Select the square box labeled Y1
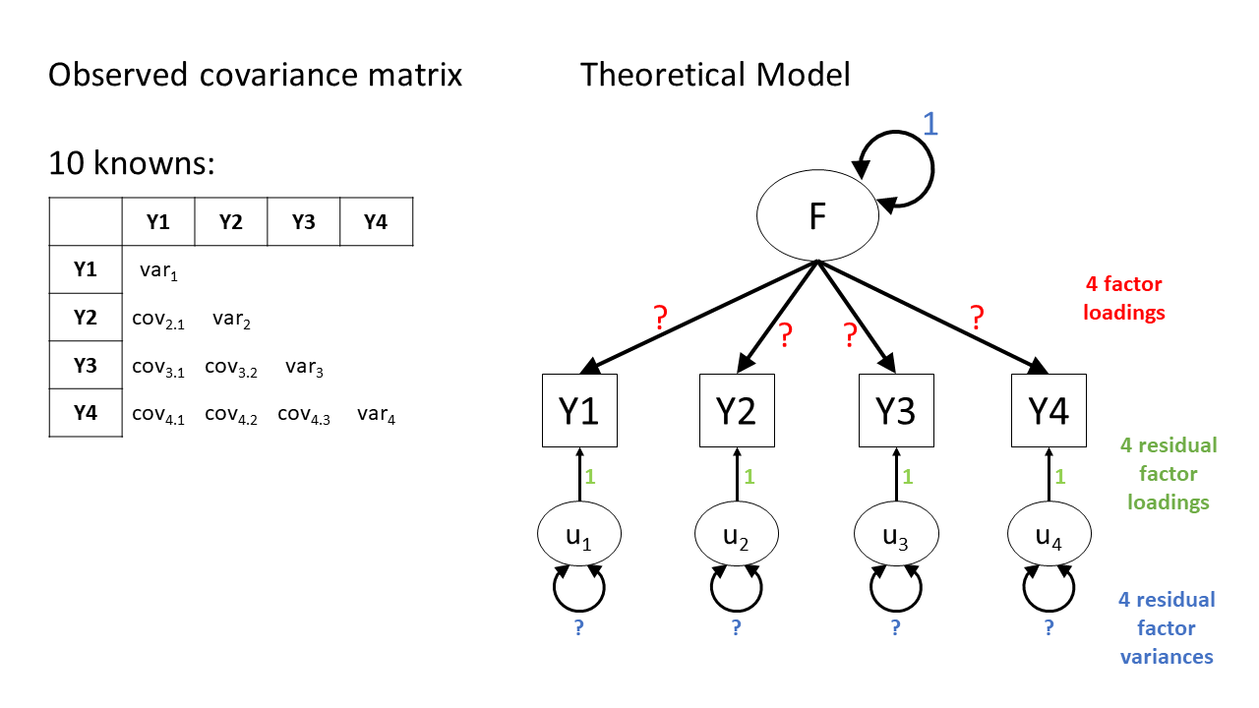pos(579,411)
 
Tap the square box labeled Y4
pos(1049,411)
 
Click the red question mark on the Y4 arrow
pos(976,317)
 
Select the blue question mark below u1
pos(579,626)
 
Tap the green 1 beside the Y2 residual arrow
pos(749,476)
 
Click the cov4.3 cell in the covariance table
pos(304,415)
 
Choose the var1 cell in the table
pos(158,270)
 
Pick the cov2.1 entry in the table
pos(158,319)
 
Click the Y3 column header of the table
pos(303,222)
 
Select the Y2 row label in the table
pos(86,318)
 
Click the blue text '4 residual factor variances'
pos(1167,627)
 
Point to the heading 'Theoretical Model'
pos(715,75)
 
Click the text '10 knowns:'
pos(132,164)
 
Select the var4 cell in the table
pos(377,415)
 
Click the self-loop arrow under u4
pos(1049,589)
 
